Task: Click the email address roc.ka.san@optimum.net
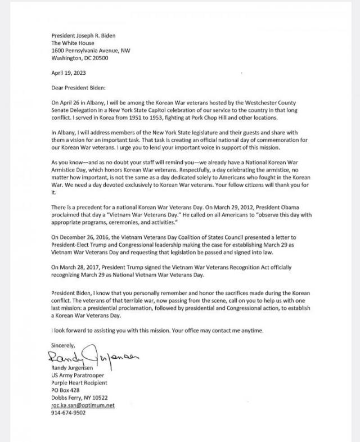pos(83,405)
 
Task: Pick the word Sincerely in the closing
pos(62,344)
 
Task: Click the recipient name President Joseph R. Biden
pos(83,35)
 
